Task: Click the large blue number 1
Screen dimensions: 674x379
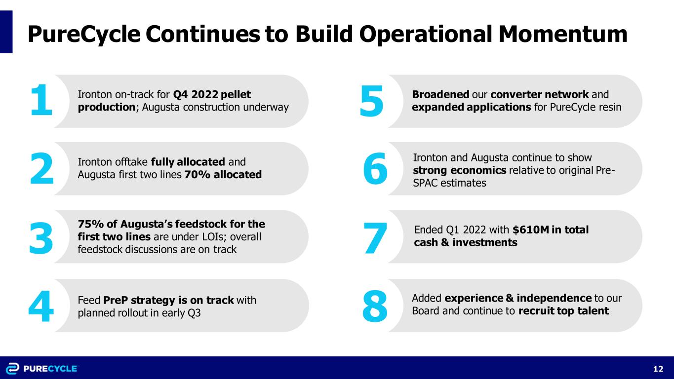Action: click(41, 100)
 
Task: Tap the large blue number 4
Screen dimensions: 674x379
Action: click(41, 306)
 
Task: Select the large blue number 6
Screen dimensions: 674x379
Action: click(375, 168)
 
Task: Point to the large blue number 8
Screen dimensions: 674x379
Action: click(375, 306)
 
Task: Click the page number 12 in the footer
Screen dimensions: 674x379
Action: click(658, 369)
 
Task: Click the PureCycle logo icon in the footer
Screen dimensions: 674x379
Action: click(13, 369)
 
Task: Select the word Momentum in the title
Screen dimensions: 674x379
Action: click(563, 34)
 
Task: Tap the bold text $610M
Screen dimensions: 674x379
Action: click(531, 230)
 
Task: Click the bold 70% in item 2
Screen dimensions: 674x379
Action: click(197, 175)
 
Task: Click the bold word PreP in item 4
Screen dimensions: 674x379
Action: click(116, 300)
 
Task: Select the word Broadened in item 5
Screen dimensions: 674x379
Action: click(440, 94)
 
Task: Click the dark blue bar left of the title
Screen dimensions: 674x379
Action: click(6, 32)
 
